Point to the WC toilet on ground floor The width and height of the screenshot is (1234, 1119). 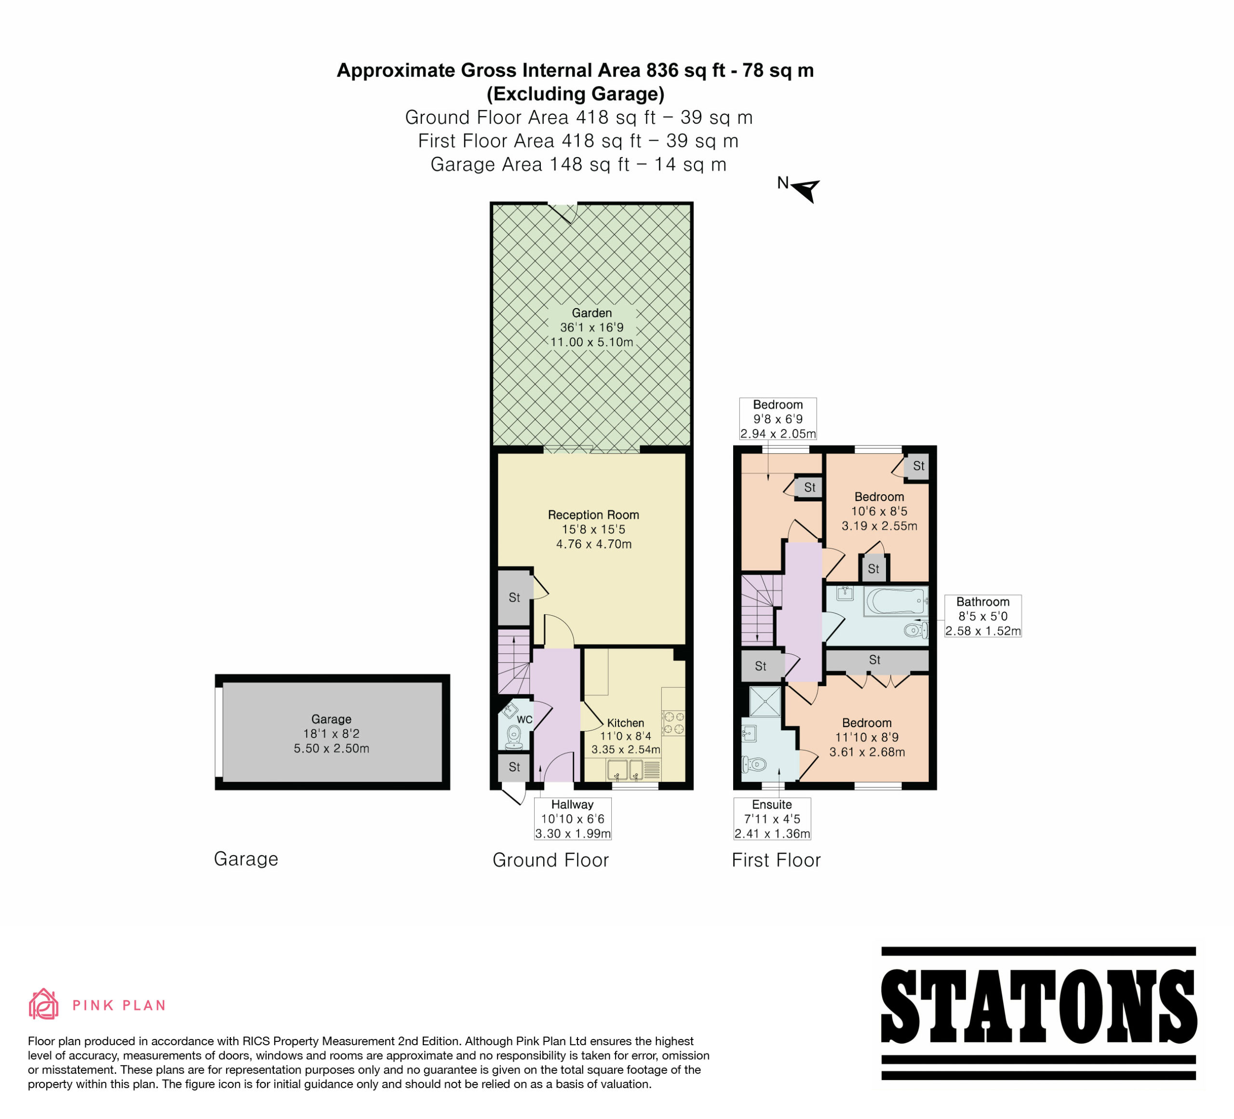[x=514, y=738]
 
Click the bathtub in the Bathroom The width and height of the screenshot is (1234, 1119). [x=895, y=602]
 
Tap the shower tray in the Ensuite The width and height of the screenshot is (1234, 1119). [x=765, y=701]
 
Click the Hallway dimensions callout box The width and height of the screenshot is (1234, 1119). [x=572, y=819]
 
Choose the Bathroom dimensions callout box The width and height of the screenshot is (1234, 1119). [x=983, y=616]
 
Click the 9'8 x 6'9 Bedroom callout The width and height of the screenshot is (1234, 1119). [x=778, y=418]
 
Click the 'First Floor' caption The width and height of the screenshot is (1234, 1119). [x=776, y=860]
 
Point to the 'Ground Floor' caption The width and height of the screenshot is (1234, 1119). [x=551, y=860]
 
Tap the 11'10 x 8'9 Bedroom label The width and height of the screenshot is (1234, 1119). [x=867, y=737]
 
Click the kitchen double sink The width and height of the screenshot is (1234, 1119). [x=626, y=770]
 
